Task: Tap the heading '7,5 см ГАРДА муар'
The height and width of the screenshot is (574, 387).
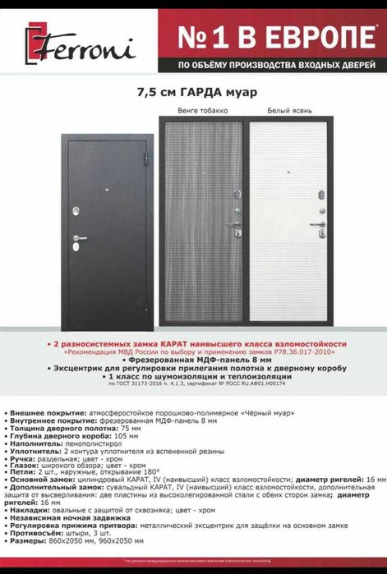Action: pyautogui.click(x=193, y=93)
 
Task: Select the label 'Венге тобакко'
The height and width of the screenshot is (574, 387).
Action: pyautogui.click(x=201, y=110)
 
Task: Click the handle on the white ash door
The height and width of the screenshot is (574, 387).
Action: pyautogui.click(x=316, y=224)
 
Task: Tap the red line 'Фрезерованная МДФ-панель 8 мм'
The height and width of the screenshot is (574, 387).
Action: pyautogui.click(x=192, y=359)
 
